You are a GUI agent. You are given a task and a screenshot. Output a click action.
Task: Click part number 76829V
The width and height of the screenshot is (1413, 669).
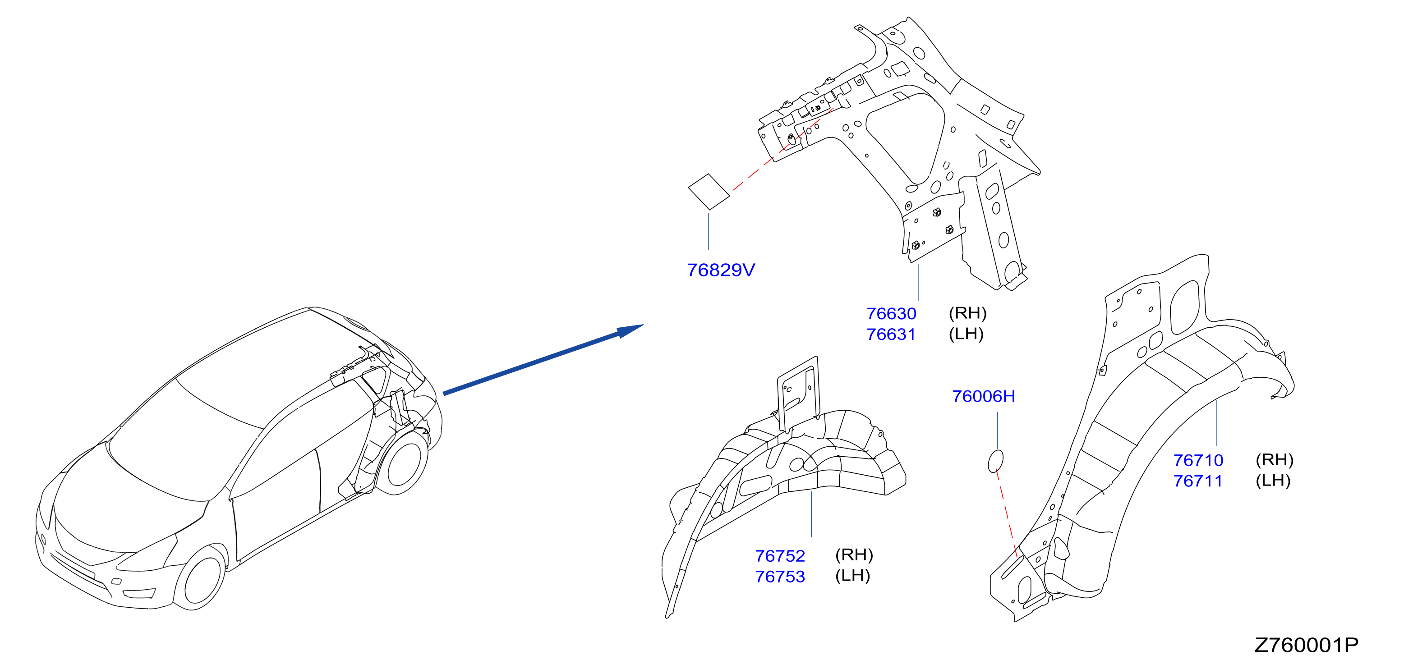(721, 270)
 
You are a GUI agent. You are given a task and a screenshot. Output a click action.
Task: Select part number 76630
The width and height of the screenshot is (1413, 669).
(891, 314)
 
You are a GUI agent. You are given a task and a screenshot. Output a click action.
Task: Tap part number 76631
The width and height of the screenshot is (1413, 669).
(891, 334)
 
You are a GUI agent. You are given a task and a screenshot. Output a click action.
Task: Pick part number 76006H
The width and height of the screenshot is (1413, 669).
(984, 396)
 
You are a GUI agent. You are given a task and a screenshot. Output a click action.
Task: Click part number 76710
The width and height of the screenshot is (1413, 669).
(1198, 460)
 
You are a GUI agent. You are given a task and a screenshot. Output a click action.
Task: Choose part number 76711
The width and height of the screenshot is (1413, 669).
(1198, 481)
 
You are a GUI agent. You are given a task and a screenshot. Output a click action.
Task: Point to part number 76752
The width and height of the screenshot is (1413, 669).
(780, 556)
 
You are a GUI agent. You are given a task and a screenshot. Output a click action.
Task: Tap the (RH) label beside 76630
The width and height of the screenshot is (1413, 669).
(967, 313)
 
